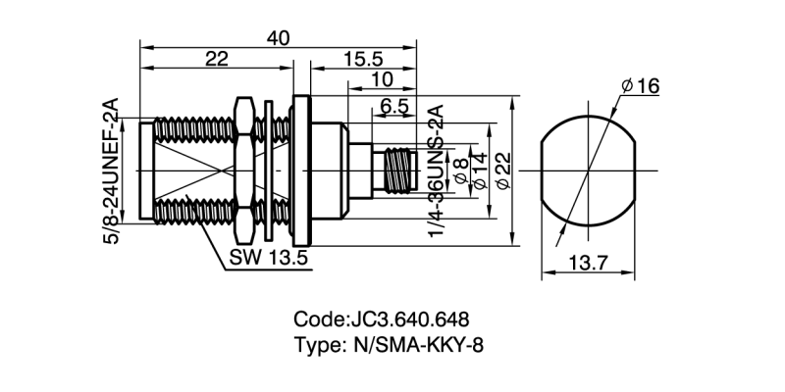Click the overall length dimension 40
click(278, 36)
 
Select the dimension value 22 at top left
click(217, 59)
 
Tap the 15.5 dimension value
click(363, 59)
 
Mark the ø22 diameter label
click(503, 171)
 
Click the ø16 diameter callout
click(639, 87)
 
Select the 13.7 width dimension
click(587, 262)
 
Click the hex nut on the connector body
click(243, 172)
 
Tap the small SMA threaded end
click(395, 171)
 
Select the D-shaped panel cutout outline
click(587, 171)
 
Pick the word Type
click(316, 344)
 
